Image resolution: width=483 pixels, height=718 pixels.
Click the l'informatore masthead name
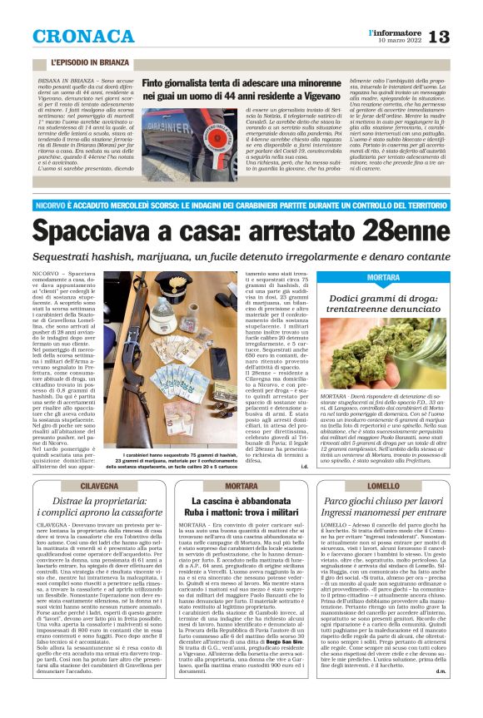[x=392, y=31]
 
